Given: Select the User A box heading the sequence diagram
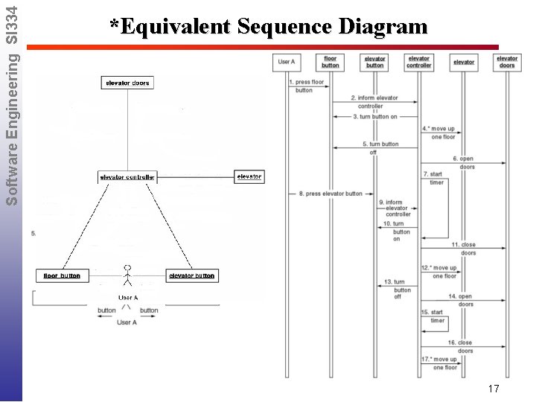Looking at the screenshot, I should [x=287, y=61].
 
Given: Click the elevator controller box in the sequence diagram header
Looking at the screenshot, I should [x=418, y=62].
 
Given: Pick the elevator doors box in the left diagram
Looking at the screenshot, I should [x=127, y=83].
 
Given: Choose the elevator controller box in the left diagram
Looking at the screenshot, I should [x=127, y=177].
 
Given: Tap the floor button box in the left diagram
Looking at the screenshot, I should [x=61, y=275].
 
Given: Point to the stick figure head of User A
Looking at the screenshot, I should [x=127, y=267].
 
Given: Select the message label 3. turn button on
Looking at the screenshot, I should [x=375, y=116].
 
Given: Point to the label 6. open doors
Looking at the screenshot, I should [x=464, y=162].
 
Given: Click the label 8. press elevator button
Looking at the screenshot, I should [x=331, y=194].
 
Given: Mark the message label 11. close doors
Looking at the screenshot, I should [x=464, y=249].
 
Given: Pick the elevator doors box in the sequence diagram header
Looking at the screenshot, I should [x=507, y=62].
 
